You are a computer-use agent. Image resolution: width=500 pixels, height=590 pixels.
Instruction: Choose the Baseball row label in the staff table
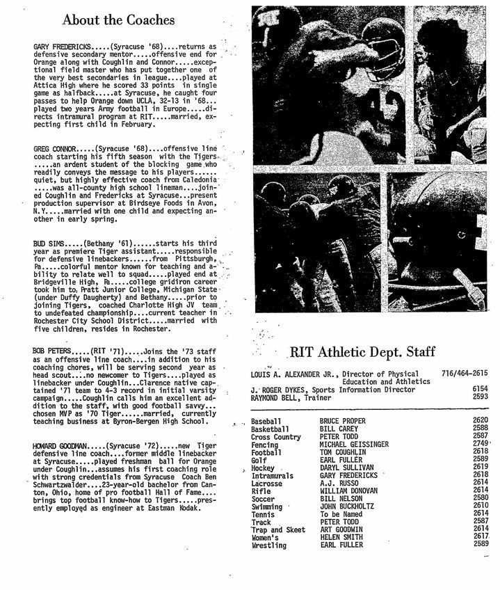[267, 422]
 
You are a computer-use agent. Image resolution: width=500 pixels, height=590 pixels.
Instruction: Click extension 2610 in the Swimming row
[479, 505]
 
